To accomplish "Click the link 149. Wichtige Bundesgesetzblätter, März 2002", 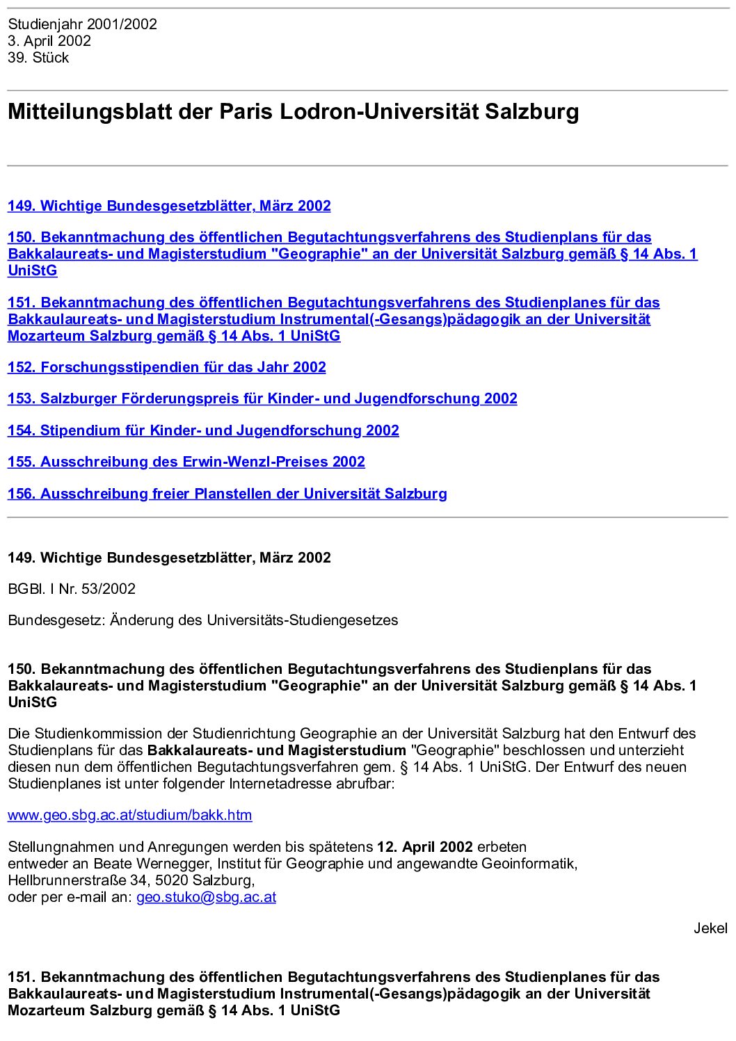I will (169, 206).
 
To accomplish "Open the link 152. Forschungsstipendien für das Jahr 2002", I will (167, 367).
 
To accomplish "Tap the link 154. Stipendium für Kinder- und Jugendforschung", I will (203, 430).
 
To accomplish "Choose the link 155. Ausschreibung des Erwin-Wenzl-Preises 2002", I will (186, 462).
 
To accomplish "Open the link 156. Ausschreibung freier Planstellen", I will (227, 494).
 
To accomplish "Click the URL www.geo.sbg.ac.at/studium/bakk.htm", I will (130, 815).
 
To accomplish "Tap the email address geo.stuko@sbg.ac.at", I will (206, 897).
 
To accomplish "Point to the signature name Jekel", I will (710, 928).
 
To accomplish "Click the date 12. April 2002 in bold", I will (425, 847).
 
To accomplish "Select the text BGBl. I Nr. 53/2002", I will (72, 589).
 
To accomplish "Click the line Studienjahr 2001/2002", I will (83, 24).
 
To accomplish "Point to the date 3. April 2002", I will (49, 41).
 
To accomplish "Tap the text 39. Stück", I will (38, 58).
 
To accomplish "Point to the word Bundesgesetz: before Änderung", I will (56, 620).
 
